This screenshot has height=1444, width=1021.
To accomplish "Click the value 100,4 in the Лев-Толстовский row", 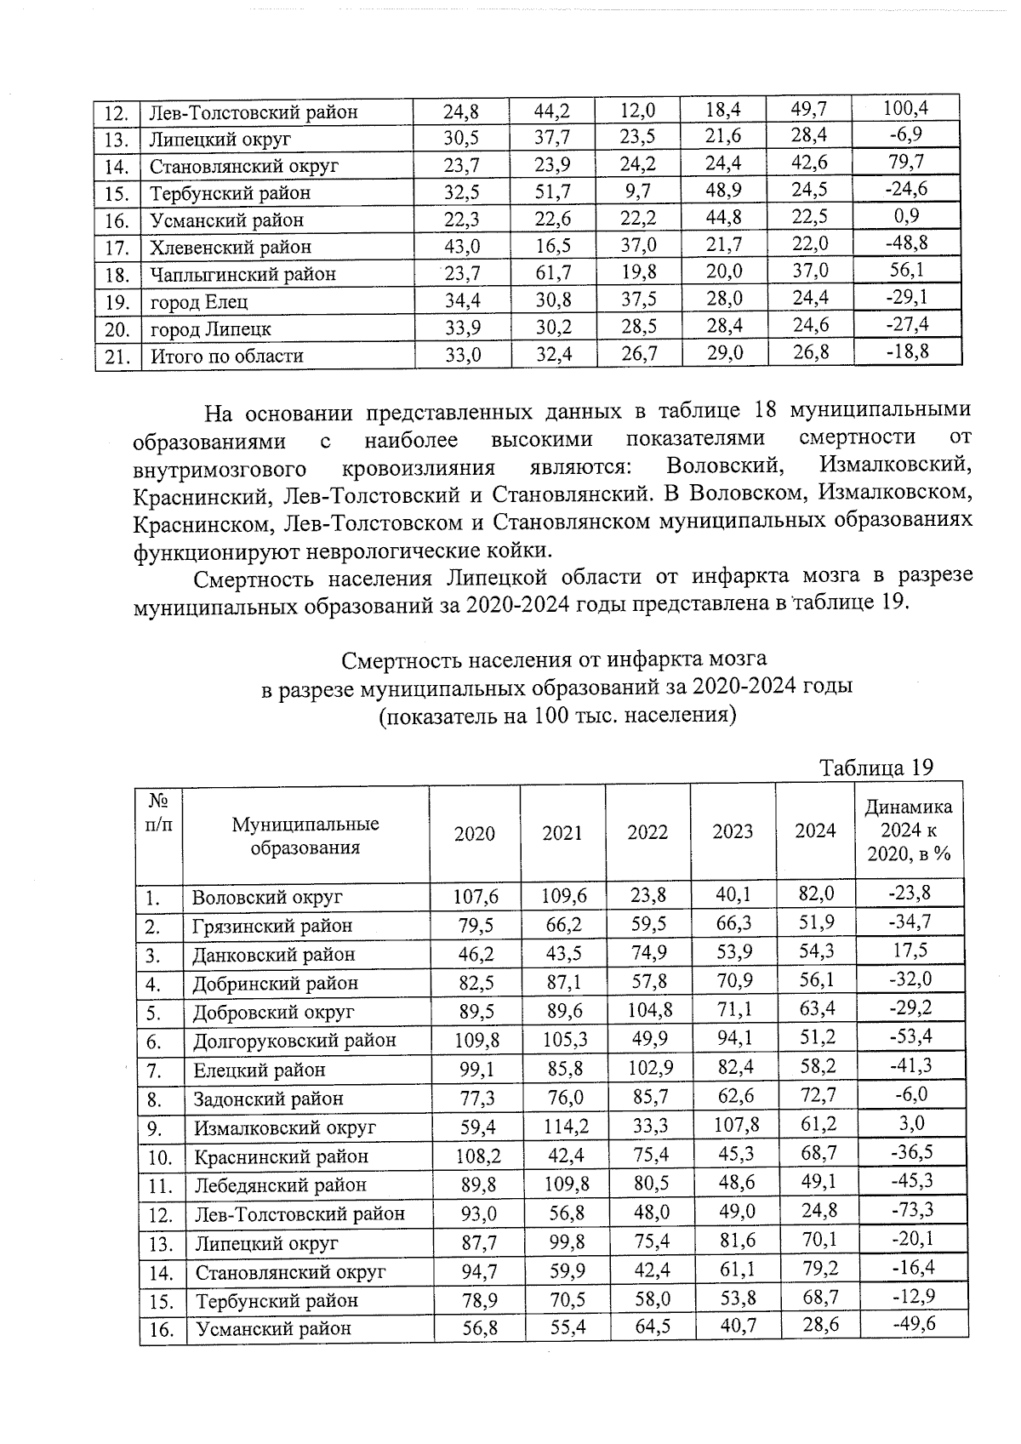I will (904, 108).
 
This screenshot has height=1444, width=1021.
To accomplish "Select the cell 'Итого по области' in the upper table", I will (226, 356).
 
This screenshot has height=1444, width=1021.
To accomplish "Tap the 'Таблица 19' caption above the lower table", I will (876, 767).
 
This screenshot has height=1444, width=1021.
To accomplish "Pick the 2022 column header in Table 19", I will (647, 832).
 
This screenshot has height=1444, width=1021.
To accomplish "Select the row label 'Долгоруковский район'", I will (294, 1040).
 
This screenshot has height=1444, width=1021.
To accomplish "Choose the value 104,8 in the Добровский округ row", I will (648, 1011).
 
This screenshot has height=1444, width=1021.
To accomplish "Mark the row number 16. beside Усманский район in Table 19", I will (161, 1329).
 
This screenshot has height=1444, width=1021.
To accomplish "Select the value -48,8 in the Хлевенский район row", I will (905, 243).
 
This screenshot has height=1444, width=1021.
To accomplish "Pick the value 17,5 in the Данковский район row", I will (910, 950).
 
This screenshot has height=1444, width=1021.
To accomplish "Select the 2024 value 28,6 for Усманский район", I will (817, 1327).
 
